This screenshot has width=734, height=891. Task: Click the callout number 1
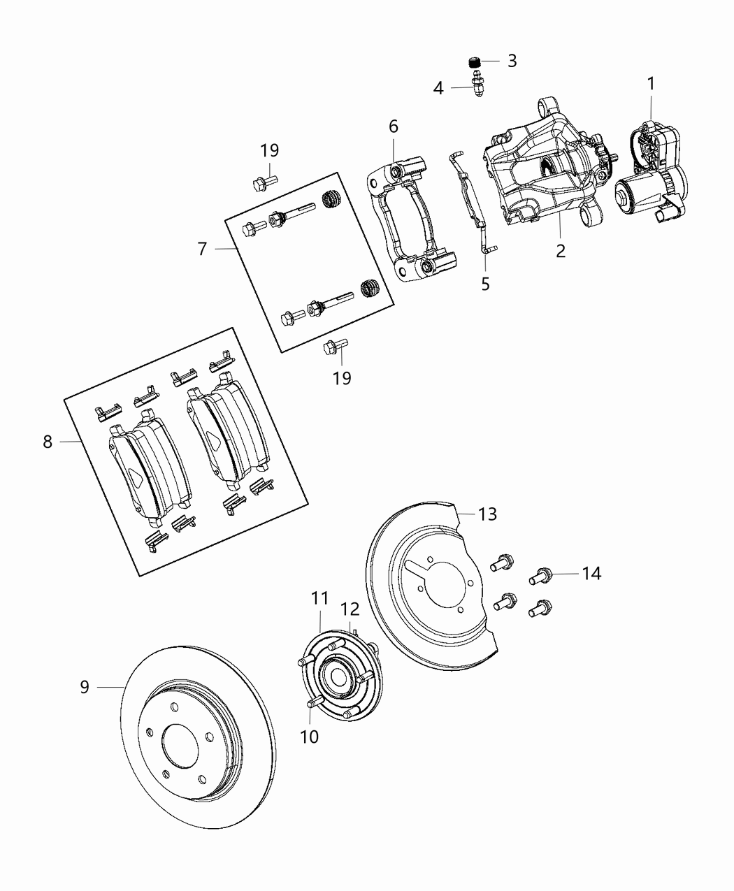pyautogui.click(x=651, y=84)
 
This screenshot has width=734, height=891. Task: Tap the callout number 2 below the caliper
pyautogui.click(x=561, y=251)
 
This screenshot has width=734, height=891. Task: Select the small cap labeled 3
pyautogui.click(x=475, y=62)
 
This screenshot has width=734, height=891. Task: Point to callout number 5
pyautogui.click(x=486, y=284)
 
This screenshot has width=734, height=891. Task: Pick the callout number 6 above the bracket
pyautogui.click(x=394, y=126)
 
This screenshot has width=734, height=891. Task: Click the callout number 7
pyautogui.click(x=202, y=249)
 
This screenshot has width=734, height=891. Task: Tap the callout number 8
pyautogui.click(x=48, y=442)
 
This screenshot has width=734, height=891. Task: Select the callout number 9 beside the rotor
pyautogui.click(x=85, y=687)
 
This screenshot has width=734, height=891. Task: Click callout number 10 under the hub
pyautogui.click(x=309, y=736)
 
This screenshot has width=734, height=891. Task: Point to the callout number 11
pyautogui.click(x=320, y=598)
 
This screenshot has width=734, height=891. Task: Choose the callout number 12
pyautogui.click(x=350, y=609)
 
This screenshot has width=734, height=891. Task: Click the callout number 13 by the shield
pyautogui.click(x=487, y=514)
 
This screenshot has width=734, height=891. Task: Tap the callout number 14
pyautogui.click(x=591, y=574)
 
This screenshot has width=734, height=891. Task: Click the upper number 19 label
pyautogui.click(x=270, y=150)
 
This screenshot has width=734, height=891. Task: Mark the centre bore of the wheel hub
pyautogui.click(x=338, y=677)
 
